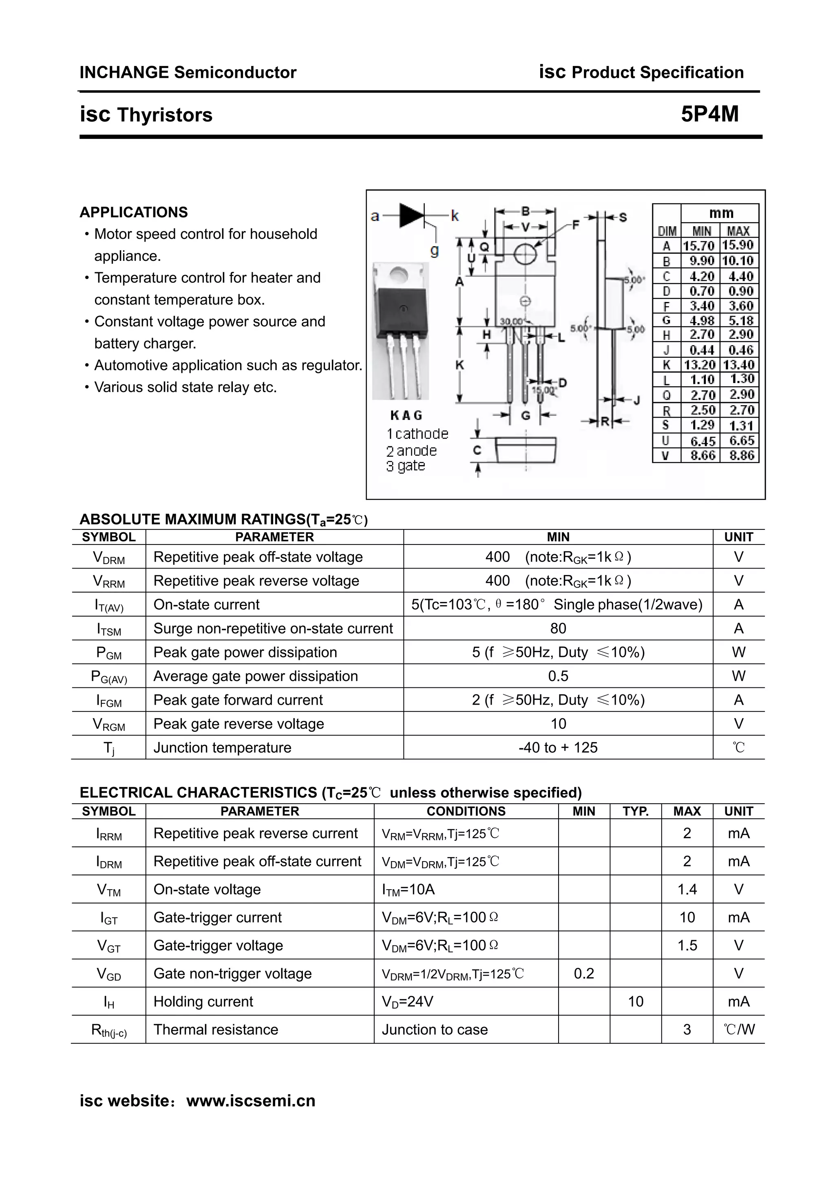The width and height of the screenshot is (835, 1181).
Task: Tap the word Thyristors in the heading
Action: point(164,115)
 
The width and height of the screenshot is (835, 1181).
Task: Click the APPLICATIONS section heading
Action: point(133,212)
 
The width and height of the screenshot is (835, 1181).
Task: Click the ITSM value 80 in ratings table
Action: point(558,628)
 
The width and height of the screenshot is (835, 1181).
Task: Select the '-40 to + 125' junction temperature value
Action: point(558,747)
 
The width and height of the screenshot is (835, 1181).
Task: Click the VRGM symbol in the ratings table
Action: point(108,724)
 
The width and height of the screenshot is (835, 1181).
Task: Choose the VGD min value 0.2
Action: point(583,973)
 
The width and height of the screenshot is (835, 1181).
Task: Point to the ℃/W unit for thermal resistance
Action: point(738,1029)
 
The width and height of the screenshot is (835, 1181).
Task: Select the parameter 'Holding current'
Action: point(203,1001)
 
